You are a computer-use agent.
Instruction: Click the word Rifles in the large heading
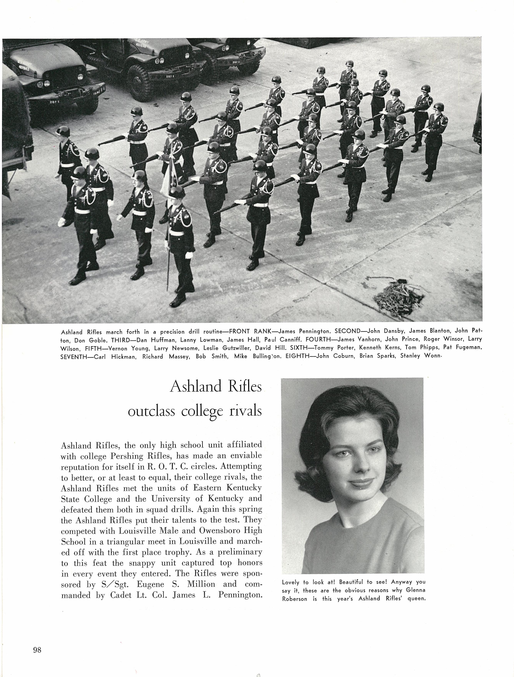pos(244,387)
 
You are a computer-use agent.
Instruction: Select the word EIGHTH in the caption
pos(297,356)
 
